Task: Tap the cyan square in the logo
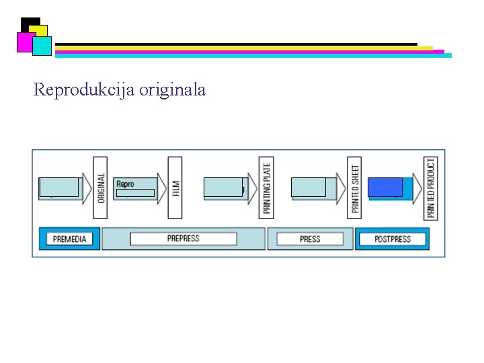(42, 46)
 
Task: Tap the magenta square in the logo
(25, 42)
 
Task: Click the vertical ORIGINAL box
(100, 187)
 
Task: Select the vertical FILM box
(175, 187)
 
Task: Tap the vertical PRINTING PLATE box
(267, 188)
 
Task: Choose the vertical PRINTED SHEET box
(355, 188)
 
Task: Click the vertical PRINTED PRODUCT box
(430, 188)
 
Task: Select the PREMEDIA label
(69, 239)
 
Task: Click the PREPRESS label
(184, 239)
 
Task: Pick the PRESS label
(310, 239)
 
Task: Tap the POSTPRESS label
(393, 239)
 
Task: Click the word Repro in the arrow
(126, 184)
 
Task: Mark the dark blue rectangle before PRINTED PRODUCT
(385, 187)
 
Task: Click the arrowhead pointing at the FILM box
(161, 188)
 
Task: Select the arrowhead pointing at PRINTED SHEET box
(341, 188)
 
